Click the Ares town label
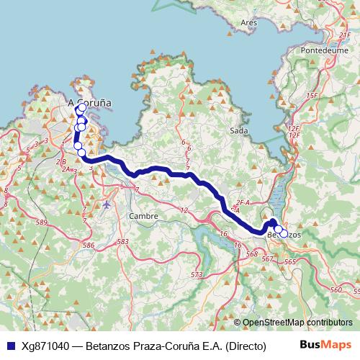(x=249, y=23)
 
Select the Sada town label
(x=238, y=130)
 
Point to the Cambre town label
(x=142, y=216)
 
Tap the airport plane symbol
(x=107, y=204)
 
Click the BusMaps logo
(x=325, y=346)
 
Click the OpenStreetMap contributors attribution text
(x=297, y=323)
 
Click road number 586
(x=89, y=246)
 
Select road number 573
(x=197, y=275)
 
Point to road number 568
(x=251, y=254)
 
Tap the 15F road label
(x=311, y=95)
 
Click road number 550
(x=336, y=289)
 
